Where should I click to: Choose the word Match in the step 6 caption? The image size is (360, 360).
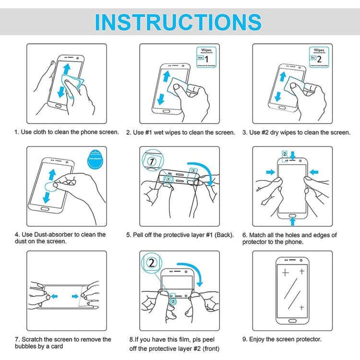[x=260, y=235]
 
